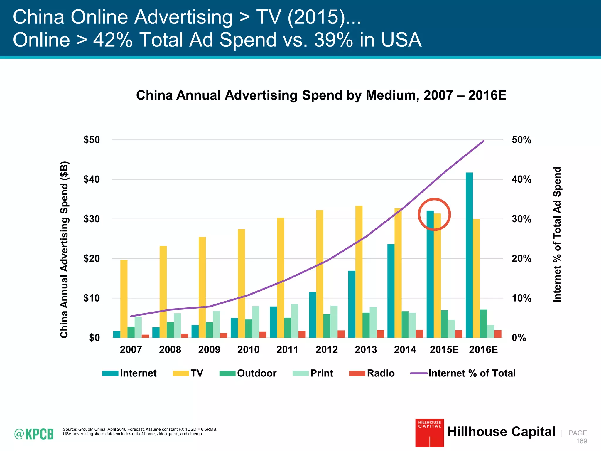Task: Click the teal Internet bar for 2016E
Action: coord(469,255)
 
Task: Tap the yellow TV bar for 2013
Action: coord(359,272)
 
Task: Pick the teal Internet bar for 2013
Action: coord(352,304)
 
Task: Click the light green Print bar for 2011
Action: coord(295,321)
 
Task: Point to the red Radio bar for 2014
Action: coord(420,334)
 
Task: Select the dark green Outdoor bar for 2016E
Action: coord(484,324)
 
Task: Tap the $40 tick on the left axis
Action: coord(92,179)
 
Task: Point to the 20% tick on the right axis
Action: coord(521,259)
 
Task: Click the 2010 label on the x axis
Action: coord(248,350)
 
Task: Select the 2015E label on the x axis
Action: coord(444,350)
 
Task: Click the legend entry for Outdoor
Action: coord(248,373)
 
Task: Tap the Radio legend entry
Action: coord(372,373)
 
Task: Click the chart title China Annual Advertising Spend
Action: coord(321,95)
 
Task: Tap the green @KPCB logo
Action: coord(34,434)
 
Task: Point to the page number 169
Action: coord(581,441)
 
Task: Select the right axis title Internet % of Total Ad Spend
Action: coord(557,234)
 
